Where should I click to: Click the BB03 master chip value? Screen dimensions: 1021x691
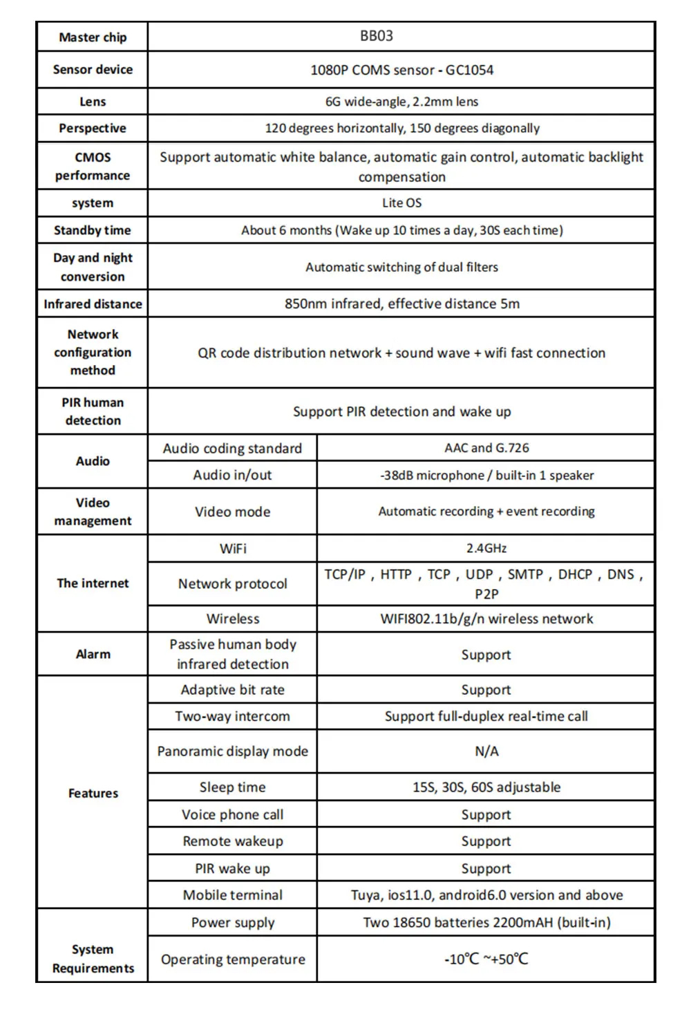pos(377,36)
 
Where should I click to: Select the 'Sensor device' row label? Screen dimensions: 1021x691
pos(93,69)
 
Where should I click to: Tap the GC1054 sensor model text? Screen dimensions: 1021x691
pos(470,70)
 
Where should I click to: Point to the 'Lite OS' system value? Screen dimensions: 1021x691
pos(401,203)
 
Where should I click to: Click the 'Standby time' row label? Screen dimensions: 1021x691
pos(93,230)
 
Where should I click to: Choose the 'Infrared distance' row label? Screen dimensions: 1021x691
pos(93,303)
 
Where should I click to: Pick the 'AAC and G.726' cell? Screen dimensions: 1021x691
pos(486,448)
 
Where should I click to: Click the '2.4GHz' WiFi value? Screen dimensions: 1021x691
pos(486,548)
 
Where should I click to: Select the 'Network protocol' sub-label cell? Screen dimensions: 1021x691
pos(233,583)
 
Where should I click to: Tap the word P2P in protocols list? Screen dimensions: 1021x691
pos(486,594)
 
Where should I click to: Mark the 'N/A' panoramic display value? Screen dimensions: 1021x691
pos(486,751)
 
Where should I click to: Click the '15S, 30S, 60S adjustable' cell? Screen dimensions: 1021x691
pos(486,787)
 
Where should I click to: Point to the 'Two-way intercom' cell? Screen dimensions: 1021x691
pos(233,716)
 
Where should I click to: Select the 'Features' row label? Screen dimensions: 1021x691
pos(93,793)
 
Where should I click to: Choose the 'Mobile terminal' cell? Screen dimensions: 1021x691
pos(233,894)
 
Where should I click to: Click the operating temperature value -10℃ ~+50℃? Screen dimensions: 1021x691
pos(486,959)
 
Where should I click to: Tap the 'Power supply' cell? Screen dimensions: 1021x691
pos(233,922)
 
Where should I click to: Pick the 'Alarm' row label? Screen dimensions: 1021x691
pos(93,654)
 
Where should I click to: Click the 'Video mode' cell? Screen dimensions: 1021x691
pos(233,512)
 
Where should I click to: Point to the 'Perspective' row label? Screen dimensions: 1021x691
pos(93,128)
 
